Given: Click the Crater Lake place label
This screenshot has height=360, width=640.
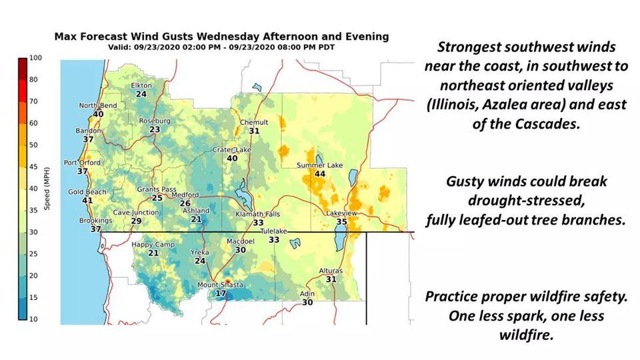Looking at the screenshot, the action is click(231, 150).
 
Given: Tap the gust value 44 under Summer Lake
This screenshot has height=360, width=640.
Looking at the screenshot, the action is click(320, 174).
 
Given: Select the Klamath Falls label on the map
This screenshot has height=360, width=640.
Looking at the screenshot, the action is click(257, 214).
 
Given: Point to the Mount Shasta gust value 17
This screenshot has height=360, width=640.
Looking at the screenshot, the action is click(221, 293).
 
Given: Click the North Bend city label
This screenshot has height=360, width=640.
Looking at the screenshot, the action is click(98, 105).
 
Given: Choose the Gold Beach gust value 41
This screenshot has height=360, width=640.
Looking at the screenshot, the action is click(87, 201).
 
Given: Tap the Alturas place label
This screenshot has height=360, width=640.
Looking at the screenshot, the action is click(331, 271).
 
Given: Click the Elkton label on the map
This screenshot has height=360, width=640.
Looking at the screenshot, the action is click(141, 85).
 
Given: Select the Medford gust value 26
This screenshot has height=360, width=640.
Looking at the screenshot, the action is click(185, 203).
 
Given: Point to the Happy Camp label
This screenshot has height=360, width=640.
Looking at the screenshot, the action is click(153, 245).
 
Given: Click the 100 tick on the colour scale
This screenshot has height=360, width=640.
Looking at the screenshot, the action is click(35, 58).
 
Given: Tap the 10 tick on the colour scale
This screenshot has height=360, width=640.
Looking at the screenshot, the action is click(33, 319).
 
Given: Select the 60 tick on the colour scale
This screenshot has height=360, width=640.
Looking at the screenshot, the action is click(33, 123).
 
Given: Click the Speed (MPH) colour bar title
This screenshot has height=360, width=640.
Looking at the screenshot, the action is click(47, 188).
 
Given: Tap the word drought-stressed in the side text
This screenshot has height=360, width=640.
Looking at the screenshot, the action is click(525, 201).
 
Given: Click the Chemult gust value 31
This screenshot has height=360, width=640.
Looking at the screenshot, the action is click(254, 131).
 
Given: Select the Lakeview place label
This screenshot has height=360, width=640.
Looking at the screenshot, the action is click(341, 213).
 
